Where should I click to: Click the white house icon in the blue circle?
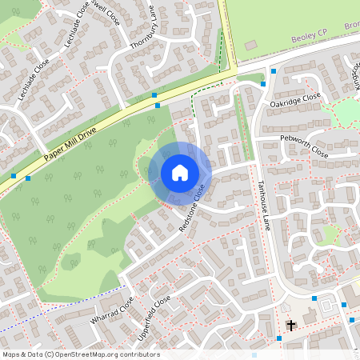(180, 173)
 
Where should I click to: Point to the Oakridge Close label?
(295, 99)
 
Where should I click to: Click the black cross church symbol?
(290, 326)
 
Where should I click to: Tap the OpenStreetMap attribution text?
(80, 354)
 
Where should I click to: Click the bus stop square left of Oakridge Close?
(263, 83)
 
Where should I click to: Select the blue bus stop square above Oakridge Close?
(274, 71)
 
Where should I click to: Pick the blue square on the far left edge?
(14, 175)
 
